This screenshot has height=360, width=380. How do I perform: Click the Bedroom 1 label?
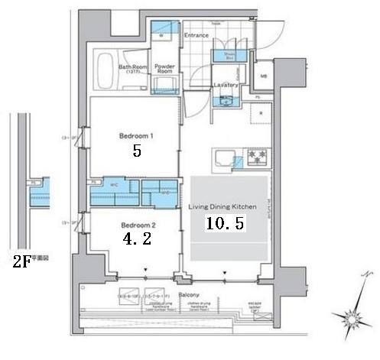[136, 136]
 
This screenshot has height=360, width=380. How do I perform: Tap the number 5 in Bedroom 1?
[136, 151]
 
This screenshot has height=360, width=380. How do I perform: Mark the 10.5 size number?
[224, 223]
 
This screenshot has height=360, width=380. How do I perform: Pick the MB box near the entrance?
[264, 76]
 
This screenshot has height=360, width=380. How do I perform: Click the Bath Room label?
[131, 67]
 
